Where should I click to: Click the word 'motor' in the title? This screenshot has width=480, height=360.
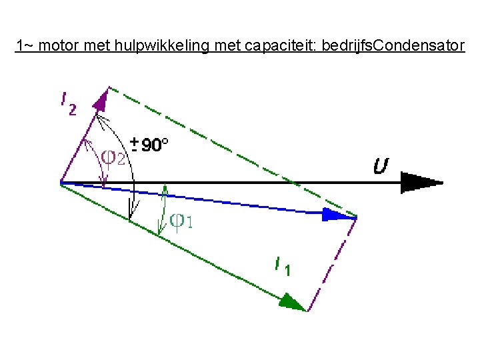point(58,47)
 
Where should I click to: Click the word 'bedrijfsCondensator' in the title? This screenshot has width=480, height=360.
point(393,47)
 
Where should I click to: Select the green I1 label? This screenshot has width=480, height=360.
point(283,266)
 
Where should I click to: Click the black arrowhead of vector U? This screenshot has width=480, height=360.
point(420,182)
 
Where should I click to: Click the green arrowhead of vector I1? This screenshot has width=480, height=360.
point(293,303)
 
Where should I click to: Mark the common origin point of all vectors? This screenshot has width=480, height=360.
point(61,182)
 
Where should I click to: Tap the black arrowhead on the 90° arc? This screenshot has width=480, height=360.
point(133,213)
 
